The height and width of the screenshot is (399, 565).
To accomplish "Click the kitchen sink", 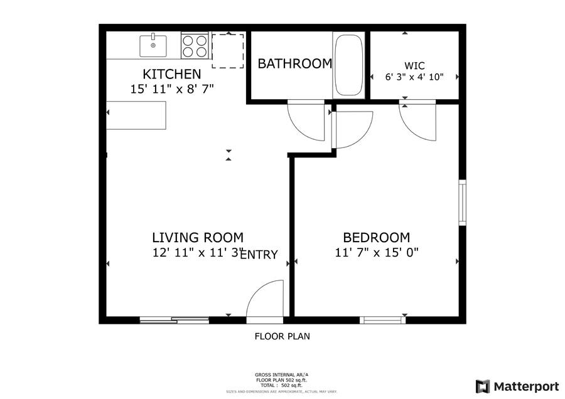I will click(x=153, y=45).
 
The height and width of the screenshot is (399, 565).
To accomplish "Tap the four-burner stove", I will click(x=195, y=45).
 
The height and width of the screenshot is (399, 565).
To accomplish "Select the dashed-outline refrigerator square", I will click(x=227, y=51).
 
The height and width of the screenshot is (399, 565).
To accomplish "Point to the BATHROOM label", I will click(x=294, y=63).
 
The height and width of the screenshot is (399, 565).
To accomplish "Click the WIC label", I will click(x=414, y=65).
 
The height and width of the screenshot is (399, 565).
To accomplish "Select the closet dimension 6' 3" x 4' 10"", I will click(x=414, y=77).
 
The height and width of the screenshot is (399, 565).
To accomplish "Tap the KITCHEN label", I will click(x=172, y=74).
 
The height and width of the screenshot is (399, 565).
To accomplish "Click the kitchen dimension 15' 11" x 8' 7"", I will click(x=172, y=89).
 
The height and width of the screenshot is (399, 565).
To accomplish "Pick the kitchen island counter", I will click(x=136, y=115).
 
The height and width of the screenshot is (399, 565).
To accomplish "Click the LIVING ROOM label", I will click(x=197, y=238).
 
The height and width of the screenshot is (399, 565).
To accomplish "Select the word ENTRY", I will click(x=259, y=255).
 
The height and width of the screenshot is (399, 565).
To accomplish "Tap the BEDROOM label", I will click(x=376, y=238).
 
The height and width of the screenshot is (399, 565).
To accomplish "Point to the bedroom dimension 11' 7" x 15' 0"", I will click(x=376, y=253).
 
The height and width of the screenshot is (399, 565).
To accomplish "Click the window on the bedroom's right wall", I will click(x=462, y=203).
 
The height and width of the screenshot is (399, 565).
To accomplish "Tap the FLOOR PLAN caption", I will click(x=282, y=336).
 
